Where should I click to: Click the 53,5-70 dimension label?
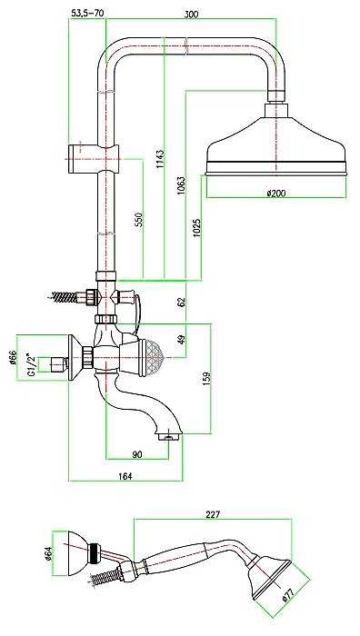pyautogui.click(x=87, y=13)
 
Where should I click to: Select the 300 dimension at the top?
pyautogui.click(x=191, y=15)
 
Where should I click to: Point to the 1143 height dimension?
pyautogui.click(x=160, y=162)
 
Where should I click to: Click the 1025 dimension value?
pyautogui.click(x=197, y=228)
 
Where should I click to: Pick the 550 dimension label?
pyautogui.click(x=139, y=220)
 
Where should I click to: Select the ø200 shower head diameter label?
pyautogui.click(x=276, y=193)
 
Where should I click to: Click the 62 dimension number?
pyautogui.click(x=182, y=302)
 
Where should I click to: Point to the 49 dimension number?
pyautogui.click(x=182, y=340)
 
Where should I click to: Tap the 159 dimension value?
pyautogui.click(x=206, y=380)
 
